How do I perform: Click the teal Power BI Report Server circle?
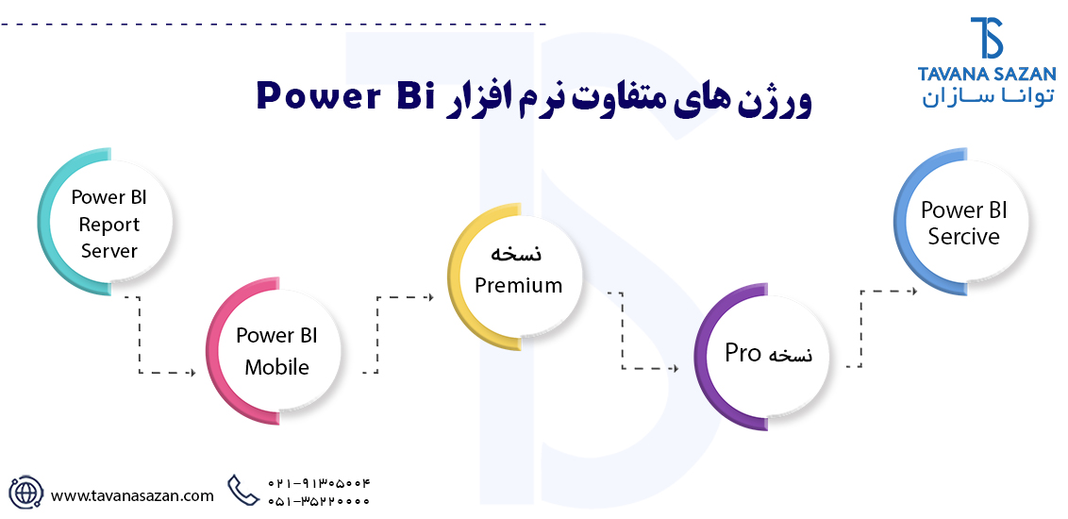pyautogui.click(x=106, y=223)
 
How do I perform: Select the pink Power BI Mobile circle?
pyautogui.click(x=276, y=351)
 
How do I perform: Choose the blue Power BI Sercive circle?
pyautogui.click(x=962, y=223)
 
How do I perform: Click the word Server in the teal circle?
pyautogui.click(x=108, y=251)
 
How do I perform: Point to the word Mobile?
pyautogui.click(x=276, y=367)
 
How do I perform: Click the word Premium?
pyautogui.click(x=518, y=285)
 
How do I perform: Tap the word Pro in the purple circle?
pyautogui.click(x=743, y=354)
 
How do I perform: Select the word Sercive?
pyautogui.click(x=963, y=237)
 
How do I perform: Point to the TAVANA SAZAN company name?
pyautogui.click(x=987, y=74)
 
